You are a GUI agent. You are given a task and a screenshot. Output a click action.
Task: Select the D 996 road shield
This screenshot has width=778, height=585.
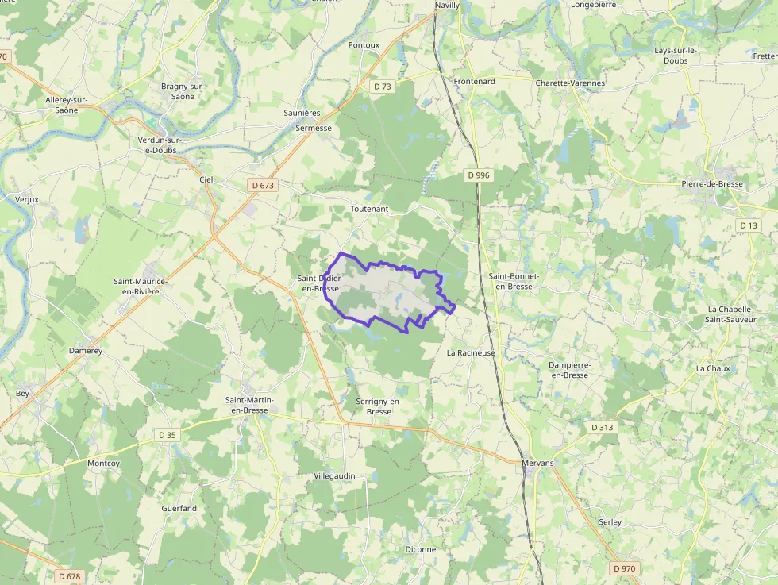[x=478, y=175]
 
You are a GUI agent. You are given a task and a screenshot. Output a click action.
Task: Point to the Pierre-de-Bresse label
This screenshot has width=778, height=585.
[x=712, y=184]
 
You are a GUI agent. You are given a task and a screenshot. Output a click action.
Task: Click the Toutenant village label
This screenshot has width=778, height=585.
[x=369, y=209]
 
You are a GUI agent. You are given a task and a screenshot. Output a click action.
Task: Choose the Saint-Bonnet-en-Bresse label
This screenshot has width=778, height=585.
[x=514, y=281]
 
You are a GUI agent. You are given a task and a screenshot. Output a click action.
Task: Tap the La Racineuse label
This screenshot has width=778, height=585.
[x=471, y=352]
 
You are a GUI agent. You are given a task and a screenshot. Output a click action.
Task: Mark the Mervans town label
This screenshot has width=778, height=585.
[x=537, y=463]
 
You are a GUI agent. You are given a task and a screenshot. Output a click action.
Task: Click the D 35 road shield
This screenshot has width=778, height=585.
[x=168, y=435]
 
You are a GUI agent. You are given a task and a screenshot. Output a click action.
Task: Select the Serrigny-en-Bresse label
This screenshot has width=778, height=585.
[x=379, y=406]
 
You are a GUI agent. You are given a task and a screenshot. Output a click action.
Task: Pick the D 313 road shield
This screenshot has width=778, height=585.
[x=603, y=427]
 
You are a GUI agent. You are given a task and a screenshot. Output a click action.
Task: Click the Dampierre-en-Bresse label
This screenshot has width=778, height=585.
[x=568, y=370]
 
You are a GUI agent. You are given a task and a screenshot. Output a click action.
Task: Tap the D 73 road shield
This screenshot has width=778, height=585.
[x=383, y=87]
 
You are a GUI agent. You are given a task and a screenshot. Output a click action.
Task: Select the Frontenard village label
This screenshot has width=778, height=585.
[x=475, y=82]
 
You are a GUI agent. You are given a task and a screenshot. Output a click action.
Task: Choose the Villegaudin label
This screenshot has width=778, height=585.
[x=334, y=476]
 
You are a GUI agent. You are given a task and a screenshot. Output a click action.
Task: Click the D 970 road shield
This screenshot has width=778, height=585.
[x=625, y=568]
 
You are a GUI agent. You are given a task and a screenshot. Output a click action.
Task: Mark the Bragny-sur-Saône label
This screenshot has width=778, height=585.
[x=183, y=91]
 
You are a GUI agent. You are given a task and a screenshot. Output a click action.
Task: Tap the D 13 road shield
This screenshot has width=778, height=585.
[x=749, y=225]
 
